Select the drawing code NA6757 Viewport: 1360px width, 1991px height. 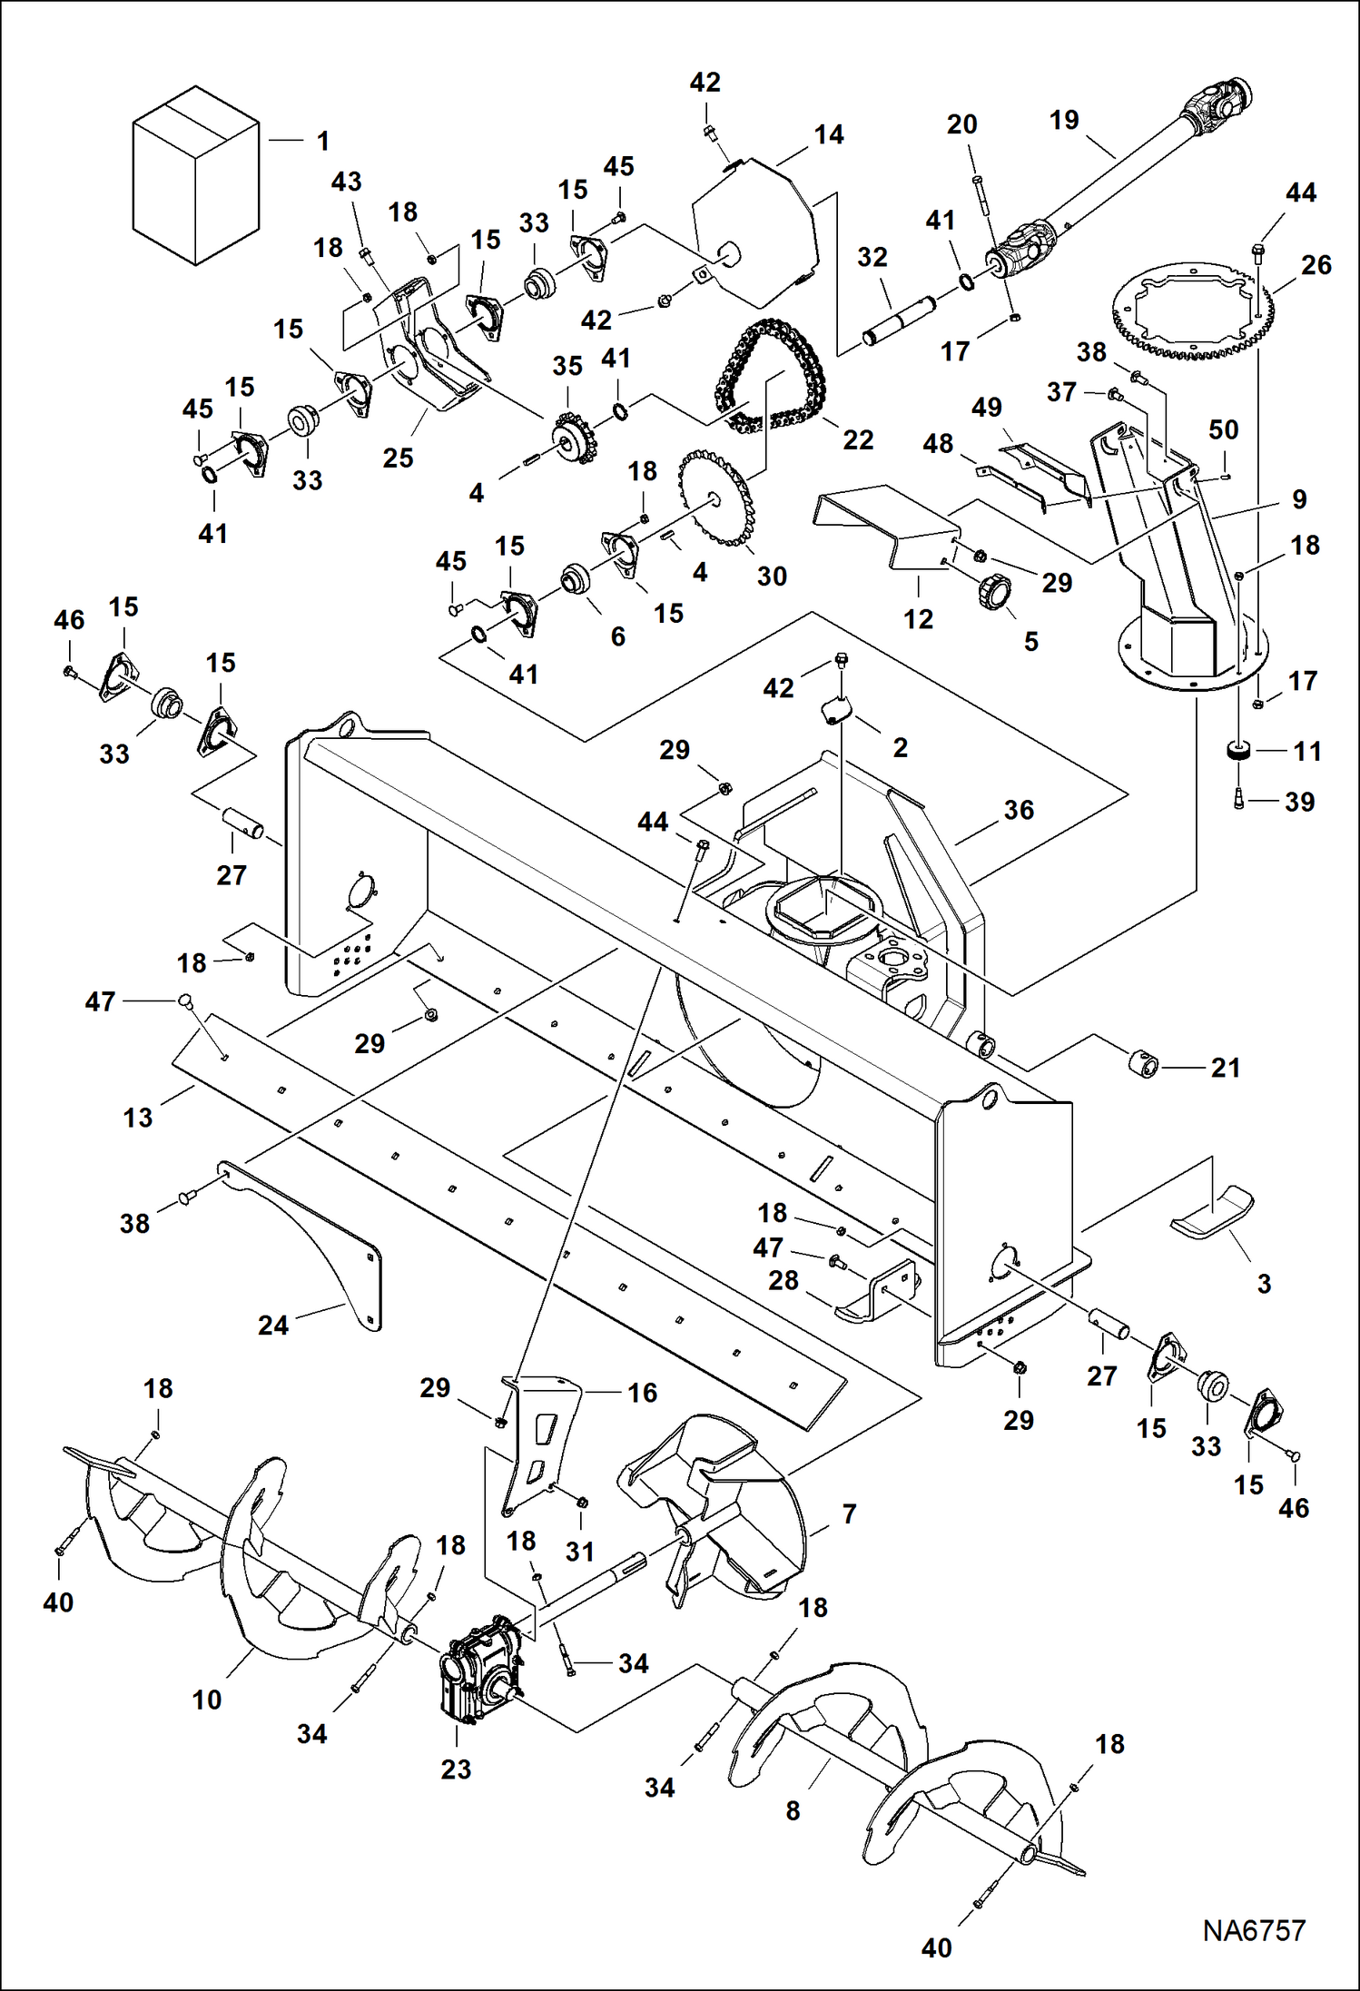(x=1254, y=1931)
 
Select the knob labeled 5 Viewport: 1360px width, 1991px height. (x=994, y=592)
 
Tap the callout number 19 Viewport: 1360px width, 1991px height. (x=1064, y=120)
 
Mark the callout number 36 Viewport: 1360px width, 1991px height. (x=1019, y=810)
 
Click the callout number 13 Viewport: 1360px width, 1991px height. (x=138, y=1117)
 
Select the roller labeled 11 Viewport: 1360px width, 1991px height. (x=1239, y=751)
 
